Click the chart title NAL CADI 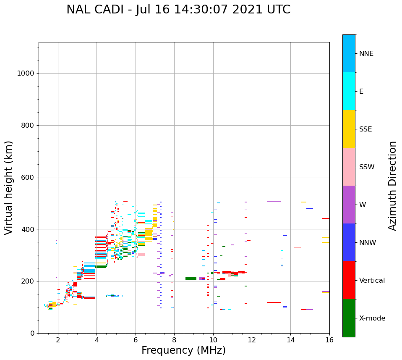(178, 10)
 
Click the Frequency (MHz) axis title (183, 350)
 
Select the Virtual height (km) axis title (9, 187)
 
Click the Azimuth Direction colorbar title (392, 186)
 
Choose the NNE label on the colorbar (366, 54)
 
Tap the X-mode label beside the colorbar (372, 318)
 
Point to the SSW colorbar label (367, 167)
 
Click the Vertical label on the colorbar (372, 281)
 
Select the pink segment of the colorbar (349, 167)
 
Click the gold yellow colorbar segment (349, 129)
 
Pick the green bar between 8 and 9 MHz (191, 279)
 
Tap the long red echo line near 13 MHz (274, 302)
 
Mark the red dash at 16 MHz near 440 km (326, 218)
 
